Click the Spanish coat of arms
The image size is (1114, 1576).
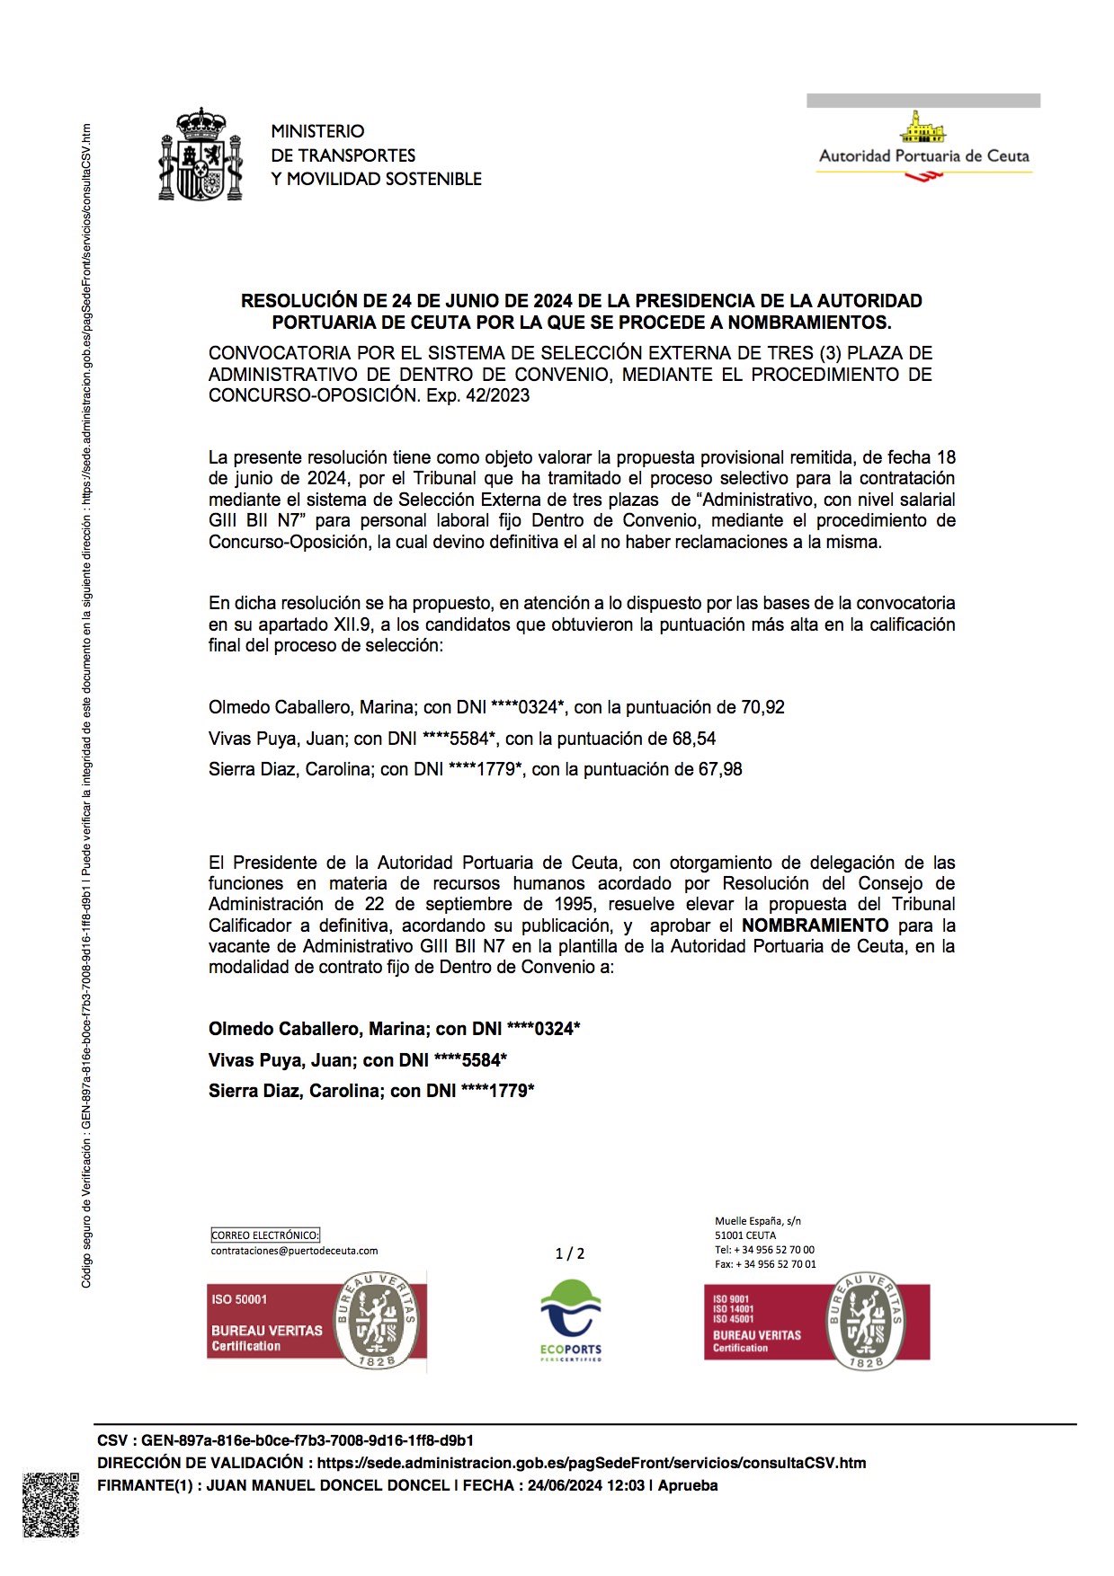[x=201, y=155]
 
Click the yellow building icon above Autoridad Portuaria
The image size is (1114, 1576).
[x=923, y=128]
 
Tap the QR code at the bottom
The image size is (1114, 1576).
[x=50, y=1504]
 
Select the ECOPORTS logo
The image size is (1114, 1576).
[x=570, y=1321]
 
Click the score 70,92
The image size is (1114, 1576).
[x=762, y=708]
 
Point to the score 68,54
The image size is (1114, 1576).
[x=694, y=739]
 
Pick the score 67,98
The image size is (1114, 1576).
[x=720, y=770]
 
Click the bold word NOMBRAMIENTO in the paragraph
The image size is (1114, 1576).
[x=815, y=925]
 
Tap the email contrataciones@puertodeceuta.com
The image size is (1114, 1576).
[x=294, y=1251]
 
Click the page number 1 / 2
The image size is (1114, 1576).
[x=570, y=1253]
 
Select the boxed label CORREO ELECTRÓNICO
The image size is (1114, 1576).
[x=265, y=1235]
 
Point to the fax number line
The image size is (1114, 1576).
[x=765, y=1264]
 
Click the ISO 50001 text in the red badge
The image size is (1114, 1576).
[x=239, y=1299]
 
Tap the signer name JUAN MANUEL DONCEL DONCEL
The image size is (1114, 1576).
[x=327, y=1485]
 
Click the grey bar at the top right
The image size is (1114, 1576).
[x=923, y=101]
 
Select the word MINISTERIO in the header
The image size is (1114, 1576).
[x=317, y=131]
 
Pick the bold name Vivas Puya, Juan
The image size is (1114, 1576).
[x=281, y=1060]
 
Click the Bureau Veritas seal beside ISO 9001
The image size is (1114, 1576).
[x=865, y=1321]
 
